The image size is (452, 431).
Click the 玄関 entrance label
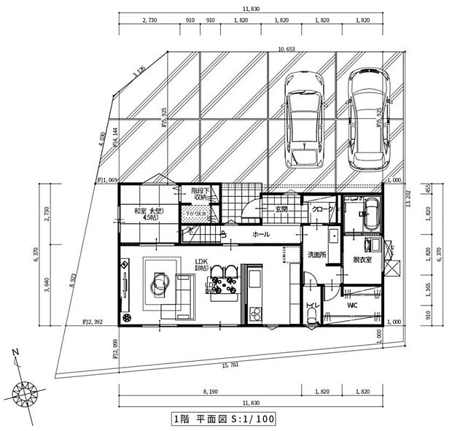[281, 209]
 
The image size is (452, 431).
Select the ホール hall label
[260, 235]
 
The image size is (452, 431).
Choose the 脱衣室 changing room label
[363, 260]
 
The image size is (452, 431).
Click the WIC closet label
[351, 305]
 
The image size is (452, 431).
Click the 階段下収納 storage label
[201, 194]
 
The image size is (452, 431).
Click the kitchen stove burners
[256, 313]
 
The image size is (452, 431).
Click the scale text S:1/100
[246, 419]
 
